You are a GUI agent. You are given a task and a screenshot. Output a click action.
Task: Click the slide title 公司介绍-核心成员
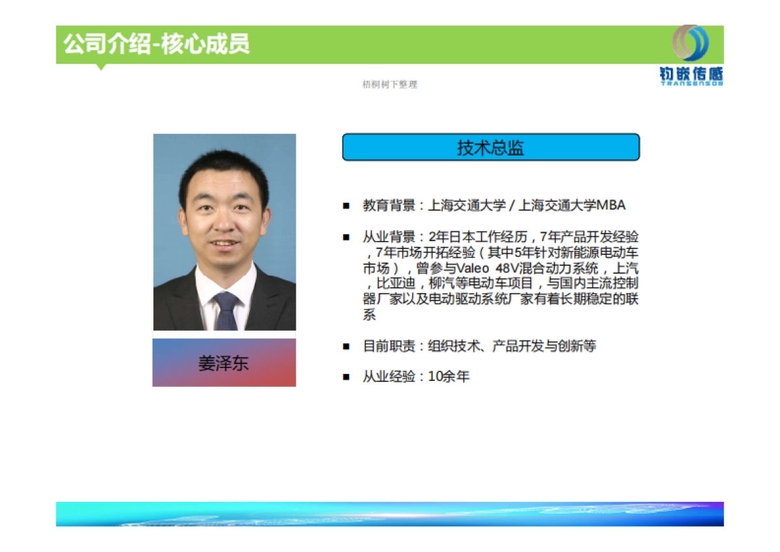click(x=156, y=44)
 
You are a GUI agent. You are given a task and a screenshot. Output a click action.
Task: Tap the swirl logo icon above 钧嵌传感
click(x=691, y=43)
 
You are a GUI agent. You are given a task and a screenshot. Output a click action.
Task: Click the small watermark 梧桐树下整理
click(x=389, y=85)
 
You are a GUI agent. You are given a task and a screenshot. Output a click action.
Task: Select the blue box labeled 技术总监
click(x=491, y=148)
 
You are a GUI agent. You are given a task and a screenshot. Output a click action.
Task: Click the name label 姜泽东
click(x=224, y=363)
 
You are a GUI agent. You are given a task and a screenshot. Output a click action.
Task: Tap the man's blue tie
click(x=226, y=310)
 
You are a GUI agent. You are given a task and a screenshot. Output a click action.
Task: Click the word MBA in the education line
click(x=611, y=205)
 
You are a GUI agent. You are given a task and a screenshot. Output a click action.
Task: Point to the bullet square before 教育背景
click(x=346, y=206)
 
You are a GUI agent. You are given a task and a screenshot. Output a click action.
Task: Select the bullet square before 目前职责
click(x=346, y=347)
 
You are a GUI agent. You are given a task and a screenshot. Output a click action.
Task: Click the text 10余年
click(x=448, y=376)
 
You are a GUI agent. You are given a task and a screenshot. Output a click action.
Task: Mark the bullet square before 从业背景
click(x=346, y=237)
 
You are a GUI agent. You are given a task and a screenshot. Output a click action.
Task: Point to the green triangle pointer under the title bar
click(x=101, y=66)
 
